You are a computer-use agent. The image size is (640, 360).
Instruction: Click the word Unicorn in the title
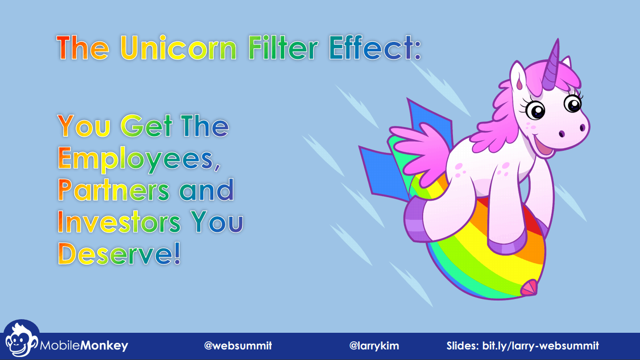pyautogui.click(x=179, y=48)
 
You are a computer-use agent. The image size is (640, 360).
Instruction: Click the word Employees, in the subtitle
pyautogui.click(x=139, y=159)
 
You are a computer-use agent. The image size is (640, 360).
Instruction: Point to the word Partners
pyautogui.click(x=113, y=190)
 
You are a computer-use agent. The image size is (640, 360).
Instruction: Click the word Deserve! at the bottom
pyautogui.click(x=120, y=254)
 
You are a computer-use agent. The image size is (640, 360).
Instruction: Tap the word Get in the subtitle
pyautogui.click(x=147, y=126)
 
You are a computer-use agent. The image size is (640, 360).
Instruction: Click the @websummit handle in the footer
pyautogui.click(x=238, y=346)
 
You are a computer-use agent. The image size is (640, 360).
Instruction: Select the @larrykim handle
pyautogui.click(x=374, y=346)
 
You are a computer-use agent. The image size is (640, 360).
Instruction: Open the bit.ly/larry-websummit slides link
pyautogui.click(x=541, y=346)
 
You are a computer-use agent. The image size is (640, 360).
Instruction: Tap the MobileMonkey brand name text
pyautogui.click(x=84, y=346)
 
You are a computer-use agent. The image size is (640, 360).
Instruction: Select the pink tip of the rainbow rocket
pyautogui.click(x=529, y=287)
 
